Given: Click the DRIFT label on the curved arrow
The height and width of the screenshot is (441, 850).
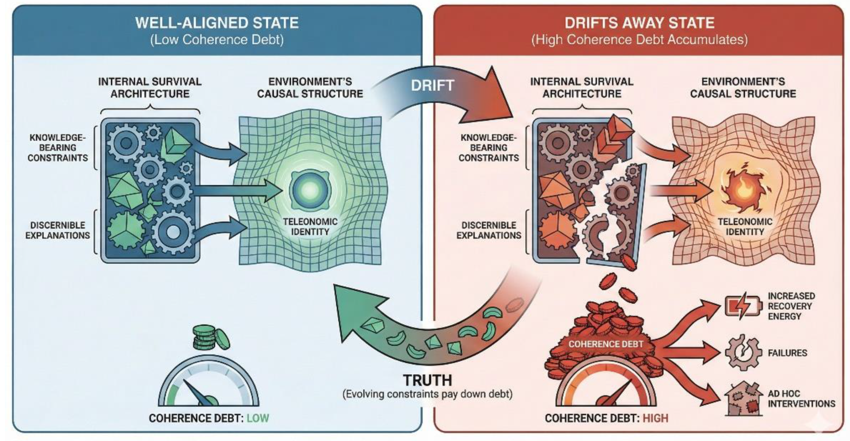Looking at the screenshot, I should [x=432, y=86].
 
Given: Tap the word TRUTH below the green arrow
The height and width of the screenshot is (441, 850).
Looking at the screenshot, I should [x=428, y=380].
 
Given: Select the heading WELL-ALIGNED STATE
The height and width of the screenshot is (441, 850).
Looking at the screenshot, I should [x=217, y=23].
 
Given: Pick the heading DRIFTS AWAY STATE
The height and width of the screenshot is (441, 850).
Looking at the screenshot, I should [x=639, y=23].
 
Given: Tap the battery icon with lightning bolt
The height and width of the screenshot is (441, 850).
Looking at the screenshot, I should [x=743, y=306].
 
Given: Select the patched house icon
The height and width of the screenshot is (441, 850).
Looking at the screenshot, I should [x=743, y=399].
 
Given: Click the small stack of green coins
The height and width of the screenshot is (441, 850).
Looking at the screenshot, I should [x=209, y=338].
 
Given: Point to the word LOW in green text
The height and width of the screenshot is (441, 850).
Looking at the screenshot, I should [x=258, y=418].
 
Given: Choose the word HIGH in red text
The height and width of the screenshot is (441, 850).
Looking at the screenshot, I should [x=655, y=418].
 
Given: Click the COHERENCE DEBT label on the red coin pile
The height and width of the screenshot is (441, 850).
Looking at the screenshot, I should [x=606, y=344].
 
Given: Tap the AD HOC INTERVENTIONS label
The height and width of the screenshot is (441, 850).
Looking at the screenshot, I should [x=801, y=399].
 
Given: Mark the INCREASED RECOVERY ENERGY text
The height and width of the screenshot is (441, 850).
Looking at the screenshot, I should [x=791, y=306].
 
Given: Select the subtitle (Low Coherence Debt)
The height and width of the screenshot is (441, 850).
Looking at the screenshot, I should [x=217, y=40].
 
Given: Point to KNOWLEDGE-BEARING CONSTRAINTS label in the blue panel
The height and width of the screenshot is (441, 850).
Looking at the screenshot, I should [x=58, y=148].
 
